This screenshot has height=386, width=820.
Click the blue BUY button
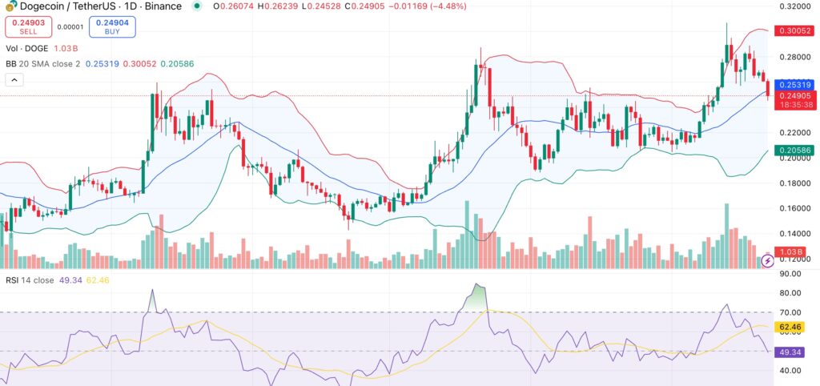(111, 27)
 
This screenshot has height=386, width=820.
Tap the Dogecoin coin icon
(11, 6)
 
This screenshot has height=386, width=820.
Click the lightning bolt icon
(767, 260)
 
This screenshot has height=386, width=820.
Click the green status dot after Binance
(196, 6)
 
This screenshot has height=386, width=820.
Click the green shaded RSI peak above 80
(479, 292)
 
